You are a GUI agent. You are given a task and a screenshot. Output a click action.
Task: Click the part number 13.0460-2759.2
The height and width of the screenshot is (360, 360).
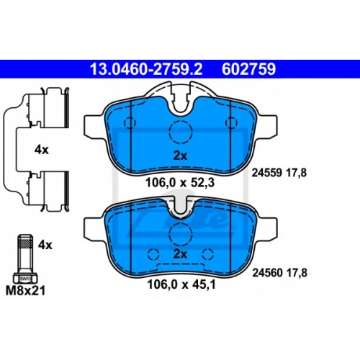(146, 69)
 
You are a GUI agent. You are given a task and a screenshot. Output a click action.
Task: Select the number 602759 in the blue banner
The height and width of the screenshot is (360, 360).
(248, 69)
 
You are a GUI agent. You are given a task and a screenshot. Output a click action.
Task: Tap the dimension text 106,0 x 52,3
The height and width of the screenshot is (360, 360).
(180, 183)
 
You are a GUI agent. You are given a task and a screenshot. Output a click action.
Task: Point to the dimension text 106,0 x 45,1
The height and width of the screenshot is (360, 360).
(181, 285)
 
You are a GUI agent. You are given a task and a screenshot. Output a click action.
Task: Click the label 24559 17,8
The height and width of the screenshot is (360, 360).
(279, 173)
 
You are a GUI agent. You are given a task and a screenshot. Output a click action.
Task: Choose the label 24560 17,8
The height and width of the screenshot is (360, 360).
(279, 273)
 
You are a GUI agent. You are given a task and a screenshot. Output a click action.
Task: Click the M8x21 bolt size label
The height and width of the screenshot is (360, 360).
(25, 291)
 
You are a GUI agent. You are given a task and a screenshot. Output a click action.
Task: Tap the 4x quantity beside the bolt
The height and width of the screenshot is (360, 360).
(45, 245)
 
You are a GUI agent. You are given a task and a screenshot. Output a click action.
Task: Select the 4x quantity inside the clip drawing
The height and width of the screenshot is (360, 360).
(42, 150)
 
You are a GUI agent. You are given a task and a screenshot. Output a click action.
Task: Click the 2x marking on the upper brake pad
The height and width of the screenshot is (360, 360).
(180, 156)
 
